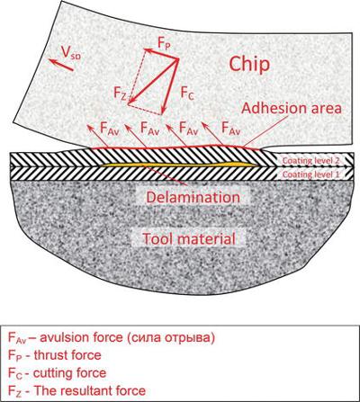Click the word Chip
point(249,65)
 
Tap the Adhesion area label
point(292,108)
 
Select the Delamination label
point(193,197)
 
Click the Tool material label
point(189,238)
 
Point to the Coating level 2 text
point(311,161)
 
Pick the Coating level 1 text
point(311,174)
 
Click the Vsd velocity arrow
point(61,65)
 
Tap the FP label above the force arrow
point(164,44)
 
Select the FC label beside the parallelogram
point(187,93)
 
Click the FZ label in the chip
point(121,93)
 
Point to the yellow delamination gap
point(178,165)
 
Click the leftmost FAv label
point(109,128)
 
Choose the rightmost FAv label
point(231,128)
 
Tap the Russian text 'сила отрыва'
point(171,338)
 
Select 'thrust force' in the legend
point(67,355)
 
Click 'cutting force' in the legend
point(69,373)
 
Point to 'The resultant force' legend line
point(90,391)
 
